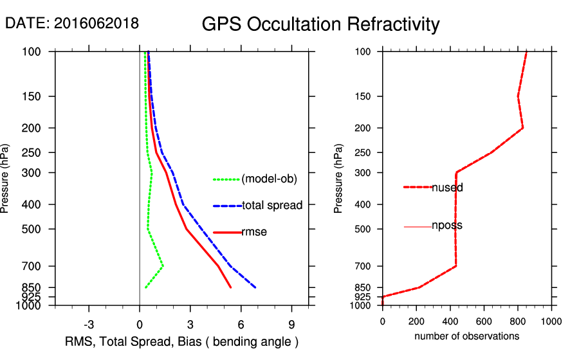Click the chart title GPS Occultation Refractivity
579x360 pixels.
pyautogui.click(x=320, y=24)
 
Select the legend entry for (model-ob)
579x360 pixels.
pyautogui.click(x=269, y=179)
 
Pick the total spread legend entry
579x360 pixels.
pyautogui.click(x=271, y=206)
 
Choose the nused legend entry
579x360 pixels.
pyautogui.click(x=447, y=188)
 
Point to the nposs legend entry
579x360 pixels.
pyautogui.click(x=446, y=226)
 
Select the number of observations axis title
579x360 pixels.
pyautogui.click(x=466, y=336)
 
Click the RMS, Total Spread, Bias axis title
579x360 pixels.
pyautogui.click(x=182, y=341)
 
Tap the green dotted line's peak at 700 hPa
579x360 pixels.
pyautogui.click(x=163, y=265)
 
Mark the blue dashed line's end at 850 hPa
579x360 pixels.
pyautogui.click(x=256, y=287)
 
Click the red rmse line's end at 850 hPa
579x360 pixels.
pyautogui.click(x=231, y=287)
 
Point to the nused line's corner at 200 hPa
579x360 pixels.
pyautogui.click(x=522, y=127)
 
